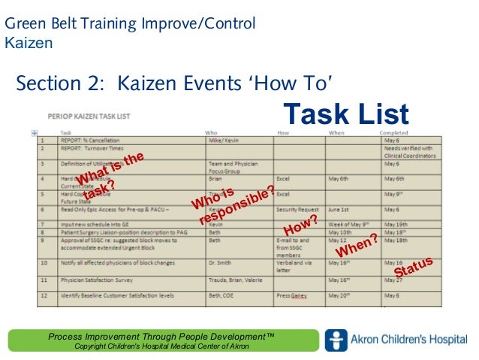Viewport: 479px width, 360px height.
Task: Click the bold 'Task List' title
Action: coord(345,114)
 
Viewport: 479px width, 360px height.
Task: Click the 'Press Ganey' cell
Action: coord(293,296)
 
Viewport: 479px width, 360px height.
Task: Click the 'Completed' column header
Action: coord(393,133)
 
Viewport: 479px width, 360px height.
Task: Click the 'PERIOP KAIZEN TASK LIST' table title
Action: coord(89,116)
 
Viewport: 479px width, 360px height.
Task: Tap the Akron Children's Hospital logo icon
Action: coord(336,340)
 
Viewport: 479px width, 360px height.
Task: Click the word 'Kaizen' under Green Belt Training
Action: coord(29,42)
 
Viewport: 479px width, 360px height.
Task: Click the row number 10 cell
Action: coord(44,263)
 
